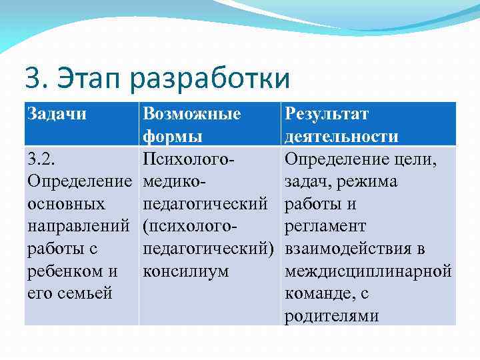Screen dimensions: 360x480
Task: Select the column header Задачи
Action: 57,114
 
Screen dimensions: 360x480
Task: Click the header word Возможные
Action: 192,114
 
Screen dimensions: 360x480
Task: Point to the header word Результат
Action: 327,114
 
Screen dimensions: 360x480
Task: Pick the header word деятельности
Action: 341,137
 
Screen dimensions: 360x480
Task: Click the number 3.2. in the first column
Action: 41,159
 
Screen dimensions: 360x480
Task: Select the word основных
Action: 65,204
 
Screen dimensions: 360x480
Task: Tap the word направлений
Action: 79,227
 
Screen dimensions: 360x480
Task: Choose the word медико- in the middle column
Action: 175,182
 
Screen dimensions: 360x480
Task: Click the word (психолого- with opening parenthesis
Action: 190,227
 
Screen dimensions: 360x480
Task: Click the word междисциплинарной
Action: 368,271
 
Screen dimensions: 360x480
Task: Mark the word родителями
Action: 331,316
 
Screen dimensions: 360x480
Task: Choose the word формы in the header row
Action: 173,137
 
